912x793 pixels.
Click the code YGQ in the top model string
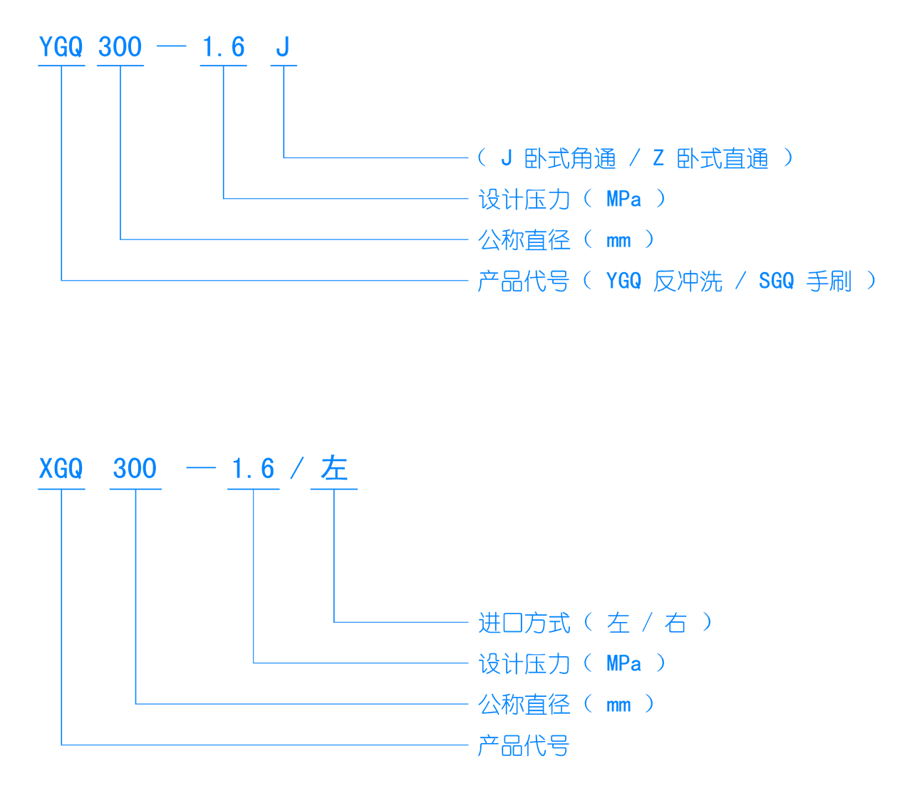tap(61, 48)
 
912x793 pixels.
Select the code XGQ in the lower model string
tap(61, 470)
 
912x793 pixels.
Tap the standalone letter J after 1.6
tap(283, 48)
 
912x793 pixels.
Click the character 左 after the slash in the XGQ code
tap(333, 470)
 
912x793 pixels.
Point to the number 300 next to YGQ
tap(120, 48)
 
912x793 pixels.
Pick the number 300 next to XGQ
tap(135, 470)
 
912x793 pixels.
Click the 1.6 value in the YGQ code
tap(223, 48)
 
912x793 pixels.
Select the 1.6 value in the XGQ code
tap(253, 470)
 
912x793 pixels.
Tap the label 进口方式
tap(524, 623)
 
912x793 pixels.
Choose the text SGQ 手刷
tap(804, 281)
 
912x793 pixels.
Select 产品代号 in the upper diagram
tap(524, 281)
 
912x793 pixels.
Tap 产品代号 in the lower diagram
tap(524, 746)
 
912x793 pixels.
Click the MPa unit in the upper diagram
tap(623, 199)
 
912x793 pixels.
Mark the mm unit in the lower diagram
tap(618, 705)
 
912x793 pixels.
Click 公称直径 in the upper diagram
tap(524, 240)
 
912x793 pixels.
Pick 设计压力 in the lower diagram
tap(524, 664)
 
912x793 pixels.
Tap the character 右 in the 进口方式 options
tap(675, 623)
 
